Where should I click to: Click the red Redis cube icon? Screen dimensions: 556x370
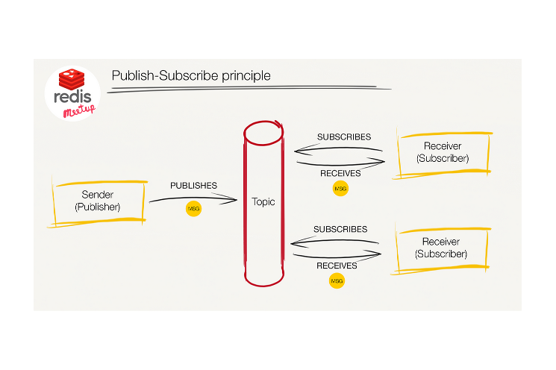[x=72, y=79]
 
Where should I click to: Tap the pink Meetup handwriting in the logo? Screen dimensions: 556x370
[x=79, y=110]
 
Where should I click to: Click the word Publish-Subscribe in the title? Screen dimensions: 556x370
[x=165, y=75]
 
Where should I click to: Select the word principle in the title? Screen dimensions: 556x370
[x=246, y=76]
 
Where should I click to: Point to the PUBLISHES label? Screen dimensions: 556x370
[x=193, y=185]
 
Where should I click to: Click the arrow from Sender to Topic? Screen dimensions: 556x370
[x=193, y=198]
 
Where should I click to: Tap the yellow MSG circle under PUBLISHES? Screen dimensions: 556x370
[x=193, y=209]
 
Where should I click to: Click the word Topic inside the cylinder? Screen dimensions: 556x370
[x=263, y=201]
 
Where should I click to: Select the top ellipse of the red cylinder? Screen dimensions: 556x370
[x=263, y=144]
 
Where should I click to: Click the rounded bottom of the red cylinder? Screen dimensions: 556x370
[x=264, y=285]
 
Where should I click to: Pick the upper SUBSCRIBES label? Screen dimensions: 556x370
[x=344, y=137]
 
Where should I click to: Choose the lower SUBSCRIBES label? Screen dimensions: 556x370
[x=340, y=229]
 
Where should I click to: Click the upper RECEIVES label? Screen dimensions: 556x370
[x=340, y=173]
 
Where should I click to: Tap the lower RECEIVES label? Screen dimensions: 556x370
[x=337, y=266]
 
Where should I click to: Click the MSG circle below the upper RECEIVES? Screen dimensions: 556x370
[x=340, y=189]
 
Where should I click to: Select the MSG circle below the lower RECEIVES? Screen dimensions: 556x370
[x=337, y=281]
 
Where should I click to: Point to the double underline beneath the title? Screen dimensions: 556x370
[x=249, y=89]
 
